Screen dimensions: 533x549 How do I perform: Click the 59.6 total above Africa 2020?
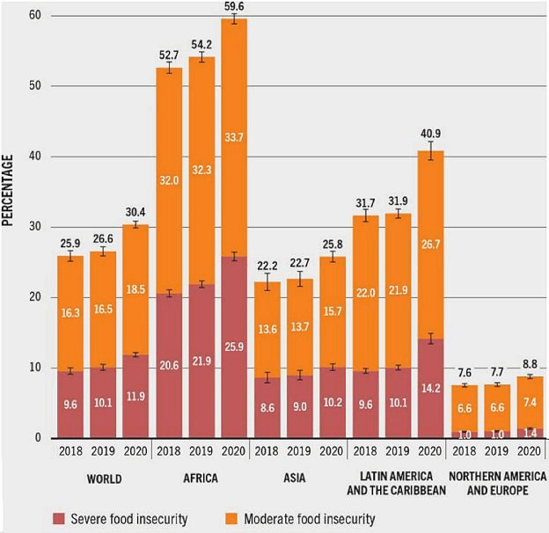tap(233, 6)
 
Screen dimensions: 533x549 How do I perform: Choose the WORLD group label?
tap(105, 479)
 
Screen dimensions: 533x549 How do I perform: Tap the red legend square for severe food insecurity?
tap(59, 519)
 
